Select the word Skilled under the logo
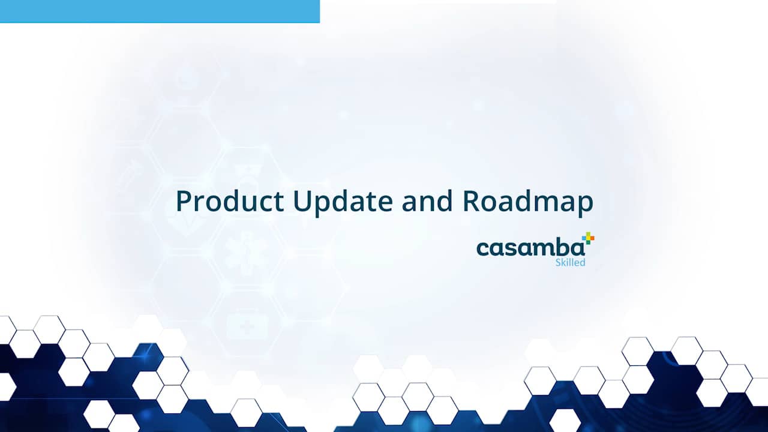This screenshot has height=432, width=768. (x=570, y=262)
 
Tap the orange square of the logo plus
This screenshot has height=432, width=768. (x=592, y=238)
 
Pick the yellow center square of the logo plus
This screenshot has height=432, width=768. (x=587, y=238)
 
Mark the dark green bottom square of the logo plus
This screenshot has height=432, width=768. (x=587, y=242)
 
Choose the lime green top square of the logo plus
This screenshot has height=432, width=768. (x=587, y=234)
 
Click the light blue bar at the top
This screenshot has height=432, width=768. (x=160, y=11)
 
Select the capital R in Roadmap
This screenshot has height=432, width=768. (x=471, y=201)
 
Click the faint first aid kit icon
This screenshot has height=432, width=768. (x=247, y=326)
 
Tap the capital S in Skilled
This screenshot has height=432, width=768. (x=559, y=262)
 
